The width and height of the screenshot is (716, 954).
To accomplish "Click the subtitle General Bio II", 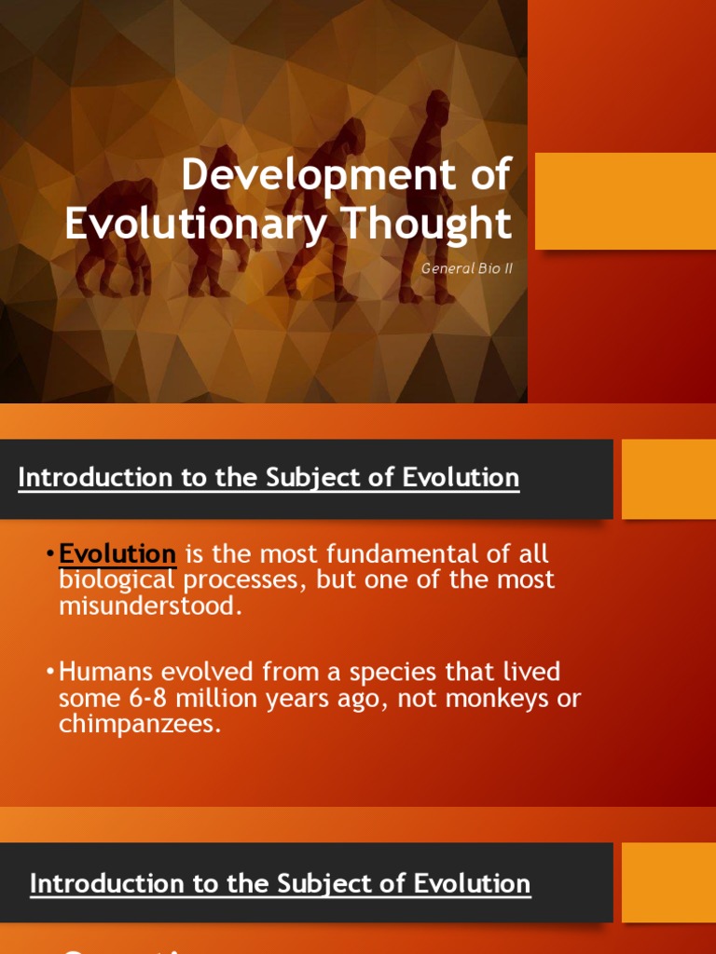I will pos(467,268).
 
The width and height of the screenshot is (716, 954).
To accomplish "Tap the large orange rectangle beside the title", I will pos(625,201).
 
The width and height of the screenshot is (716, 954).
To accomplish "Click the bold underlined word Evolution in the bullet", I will pos(117,554).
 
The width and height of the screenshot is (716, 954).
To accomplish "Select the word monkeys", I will pos(477,699).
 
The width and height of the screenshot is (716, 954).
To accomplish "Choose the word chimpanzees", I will pos(140,724).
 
